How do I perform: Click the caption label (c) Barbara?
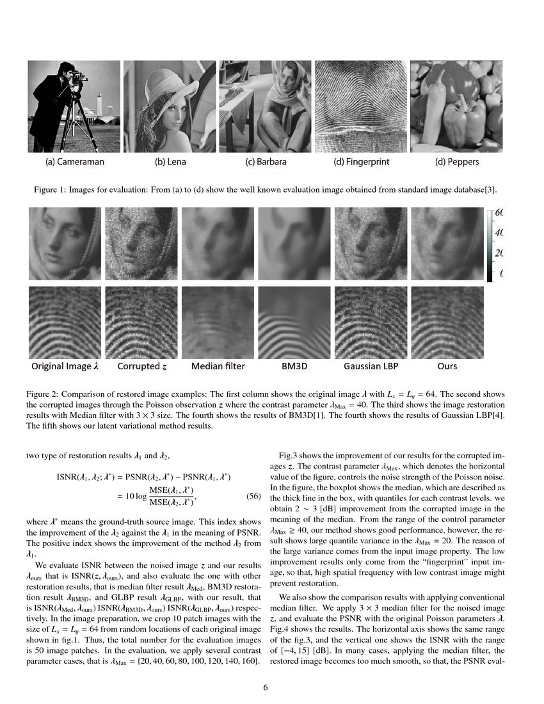point(266,162)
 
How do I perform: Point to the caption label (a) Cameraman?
point(74,162)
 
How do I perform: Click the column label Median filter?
point(218,367)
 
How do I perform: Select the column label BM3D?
point(294,367)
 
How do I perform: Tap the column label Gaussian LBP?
point(370,367)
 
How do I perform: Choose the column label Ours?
point(447,367)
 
